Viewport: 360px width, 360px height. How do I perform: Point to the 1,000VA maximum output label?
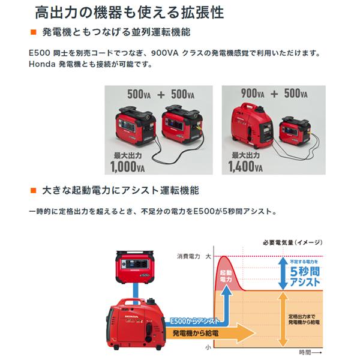[128, 162]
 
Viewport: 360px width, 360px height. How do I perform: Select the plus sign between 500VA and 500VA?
[160, 94]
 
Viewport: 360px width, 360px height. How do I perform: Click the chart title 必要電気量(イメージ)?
[293, 242]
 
